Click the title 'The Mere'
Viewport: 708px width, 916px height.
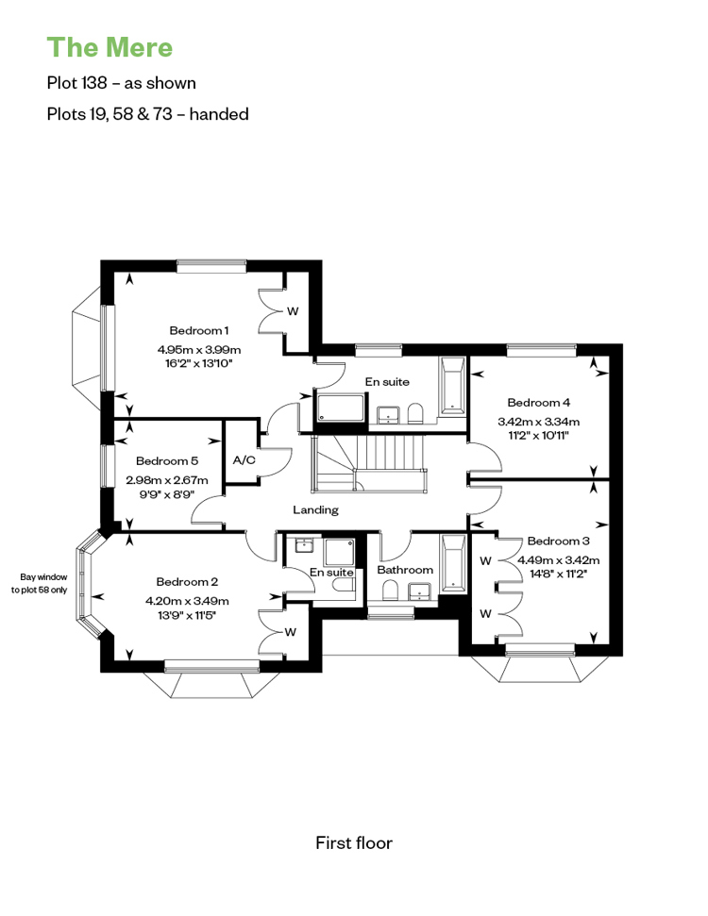click(x=110, y=47)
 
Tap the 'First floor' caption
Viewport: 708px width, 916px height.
click(x=354, y=843)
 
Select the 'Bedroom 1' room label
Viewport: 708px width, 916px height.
click(x=199, y=331)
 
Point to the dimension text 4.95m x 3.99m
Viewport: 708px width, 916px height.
click(x=199, y=350)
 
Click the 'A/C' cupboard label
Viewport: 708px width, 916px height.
click(x=244, y=460)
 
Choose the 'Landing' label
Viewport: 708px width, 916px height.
click(x=315, y=510)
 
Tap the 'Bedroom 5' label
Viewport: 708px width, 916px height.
click(x=167, y=461)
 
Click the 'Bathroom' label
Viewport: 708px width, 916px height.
click(x=405, y=570)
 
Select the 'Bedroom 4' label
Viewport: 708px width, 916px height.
click(x=538, y=403)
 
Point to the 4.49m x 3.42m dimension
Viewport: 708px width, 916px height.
click(x=558, y=560)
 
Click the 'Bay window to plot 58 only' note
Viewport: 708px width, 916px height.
click(x=39, y=584)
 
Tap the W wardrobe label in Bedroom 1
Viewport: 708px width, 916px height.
click(x=293, y=311)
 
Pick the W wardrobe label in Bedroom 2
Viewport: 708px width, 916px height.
click(x=291, y=632)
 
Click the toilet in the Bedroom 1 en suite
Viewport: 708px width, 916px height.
click(x=415, y=412)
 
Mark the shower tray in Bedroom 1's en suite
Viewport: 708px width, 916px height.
click(x=341, y=408)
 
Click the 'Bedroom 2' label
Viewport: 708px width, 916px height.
click(x=187, y=582)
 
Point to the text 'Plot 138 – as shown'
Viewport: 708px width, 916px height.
click(x=122, y=83)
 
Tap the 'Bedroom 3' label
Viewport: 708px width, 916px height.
click(x=558, y=541)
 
